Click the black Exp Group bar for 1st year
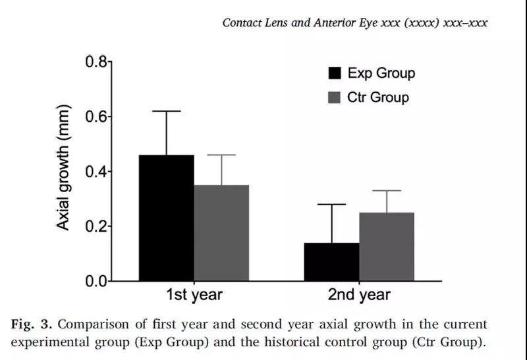click(x=166, y=218)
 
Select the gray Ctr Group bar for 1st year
click(x=221, y=233)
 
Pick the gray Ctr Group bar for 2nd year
click(x=387, y=247)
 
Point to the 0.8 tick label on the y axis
click(x=95, y=63)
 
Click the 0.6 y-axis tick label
click(x=95, y=117)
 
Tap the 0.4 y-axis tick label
click(x=95, y=172)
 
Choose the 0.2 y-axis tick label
click(x=95, y=226)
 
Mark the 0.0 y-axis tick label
click(x=95, y=281)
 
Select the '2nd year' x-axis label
click(x=359, y=296)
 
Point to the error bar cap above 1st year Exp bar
click(x=166, y=111)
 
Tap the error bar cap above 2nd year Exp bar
click(x=331, y=205)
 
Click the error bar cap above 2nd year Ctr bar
click(x=387, y=191)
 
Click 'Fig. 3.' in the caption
click(x=30, y=324)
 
